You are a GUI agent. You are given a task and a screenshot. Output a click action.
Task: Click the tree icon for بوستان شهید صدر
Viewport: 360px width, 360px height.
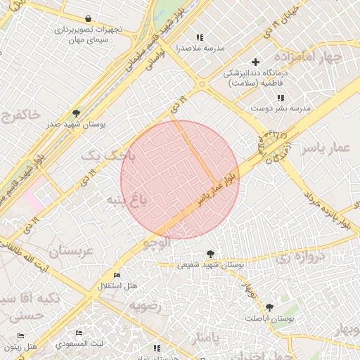pyautogui.click(x=76, y=112)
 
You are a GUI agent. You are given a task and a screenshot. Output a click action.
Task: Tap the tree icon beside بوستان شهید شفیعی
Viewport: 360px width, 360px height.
pyautogui.click(x=210, y=254)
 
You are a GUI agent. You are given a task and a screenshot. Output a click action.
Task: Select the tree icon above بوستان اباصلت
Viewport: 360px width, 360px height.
pyautogui.click(x=269, y=307)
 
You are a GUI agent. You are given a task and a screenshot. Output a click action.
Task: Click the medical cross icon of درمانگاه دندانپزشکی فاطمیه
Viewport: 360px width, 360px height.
pyautogui.click(x=255, y=62)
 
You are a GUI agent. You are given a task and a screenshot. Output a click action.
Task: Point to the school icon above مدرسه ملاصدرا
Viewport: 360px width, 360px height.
pyautogui.click(x=199, y=37)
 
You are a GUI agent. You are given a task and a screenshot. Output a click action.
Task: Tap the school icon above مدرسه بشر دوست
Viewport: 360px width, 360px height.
pyautogui.click(x=281, y=98)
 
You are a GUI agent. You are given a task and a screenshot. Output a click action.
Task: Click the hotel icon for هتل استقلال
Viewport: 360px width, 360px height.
pyautogui.click(x=117, y=276)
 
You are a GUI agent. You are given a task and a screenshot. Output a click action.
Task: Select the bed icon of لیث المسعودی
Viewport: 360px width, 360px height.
pyautogui.click(x=79, y=333)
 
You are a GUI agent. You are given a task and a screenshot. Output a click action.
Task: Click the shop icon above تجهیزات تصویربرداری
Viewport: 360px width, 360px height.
pyautogui.click(x=87, y=19)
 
